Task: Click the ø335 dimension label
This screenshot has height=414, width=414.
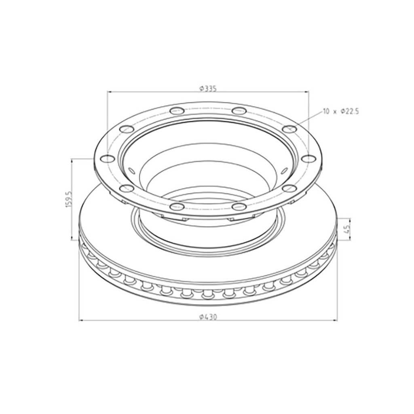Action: pos(208,89)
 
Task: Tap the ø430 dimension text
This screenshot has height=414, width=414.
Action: pos(208,317)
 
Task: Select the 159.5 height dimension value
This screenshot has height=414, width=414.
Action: pos(68,200)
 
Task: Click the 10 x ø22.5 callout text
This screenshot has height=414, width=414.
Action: pos(340,112)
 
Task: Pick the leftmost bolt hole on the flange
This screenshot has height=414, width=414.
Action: pos(108,158)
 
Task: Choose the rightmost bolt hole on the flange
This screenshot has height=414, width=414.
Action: pos(308,158)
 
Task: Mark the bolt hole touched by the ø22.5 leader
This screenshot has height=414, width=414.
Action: pos(289,129)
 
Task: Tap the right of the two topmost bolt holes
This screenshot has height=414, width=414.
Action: pos(239,110)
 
